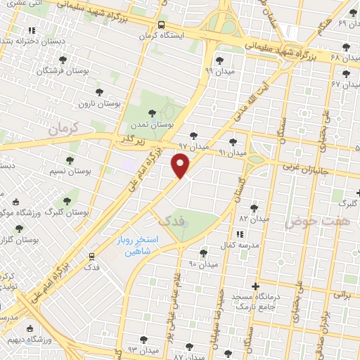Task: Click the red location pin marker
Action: (x=181, y=165)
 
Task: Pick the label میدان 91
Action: (x=233, y=152)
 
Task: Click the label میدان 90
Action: (x=204, y=264)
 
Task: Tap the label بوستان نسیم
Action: (x=72, y=171)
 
